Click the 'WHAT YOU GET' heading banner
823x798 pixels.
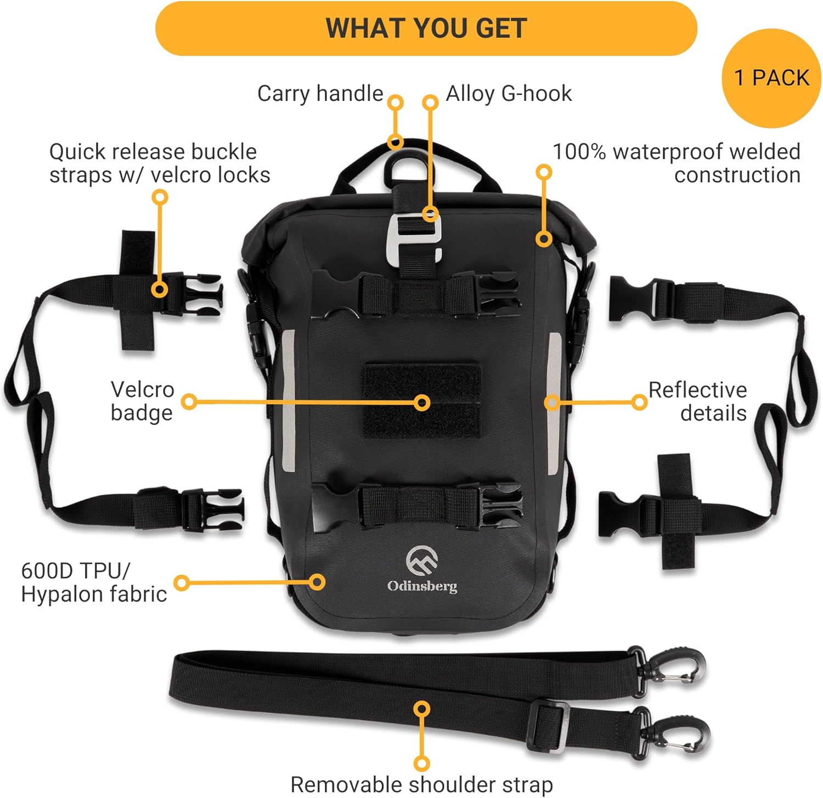pos(426,29)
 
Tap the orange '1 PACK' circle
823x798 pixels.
pos(771,78)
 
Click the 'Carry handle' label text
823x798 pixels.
pos(320,93)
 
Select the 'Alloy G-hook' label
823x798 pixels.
pos(509,94)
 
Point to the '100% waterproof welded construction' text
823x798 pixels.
pos(677,163)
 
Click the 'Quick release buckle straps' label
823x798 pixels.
pos(160,163)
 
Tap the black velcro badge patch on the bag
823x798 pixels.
pos(421,401)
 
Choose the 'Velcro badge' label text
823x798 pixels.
pos(142,401)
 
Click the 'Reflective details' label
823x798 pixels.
pos(697,401)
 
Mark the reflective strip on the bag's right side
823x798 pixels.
pos(554,403)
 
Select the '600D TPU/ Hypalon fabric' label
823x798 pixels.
pos(94,582)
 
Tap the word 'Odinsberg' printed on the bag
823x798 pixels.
pos(422,586)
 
